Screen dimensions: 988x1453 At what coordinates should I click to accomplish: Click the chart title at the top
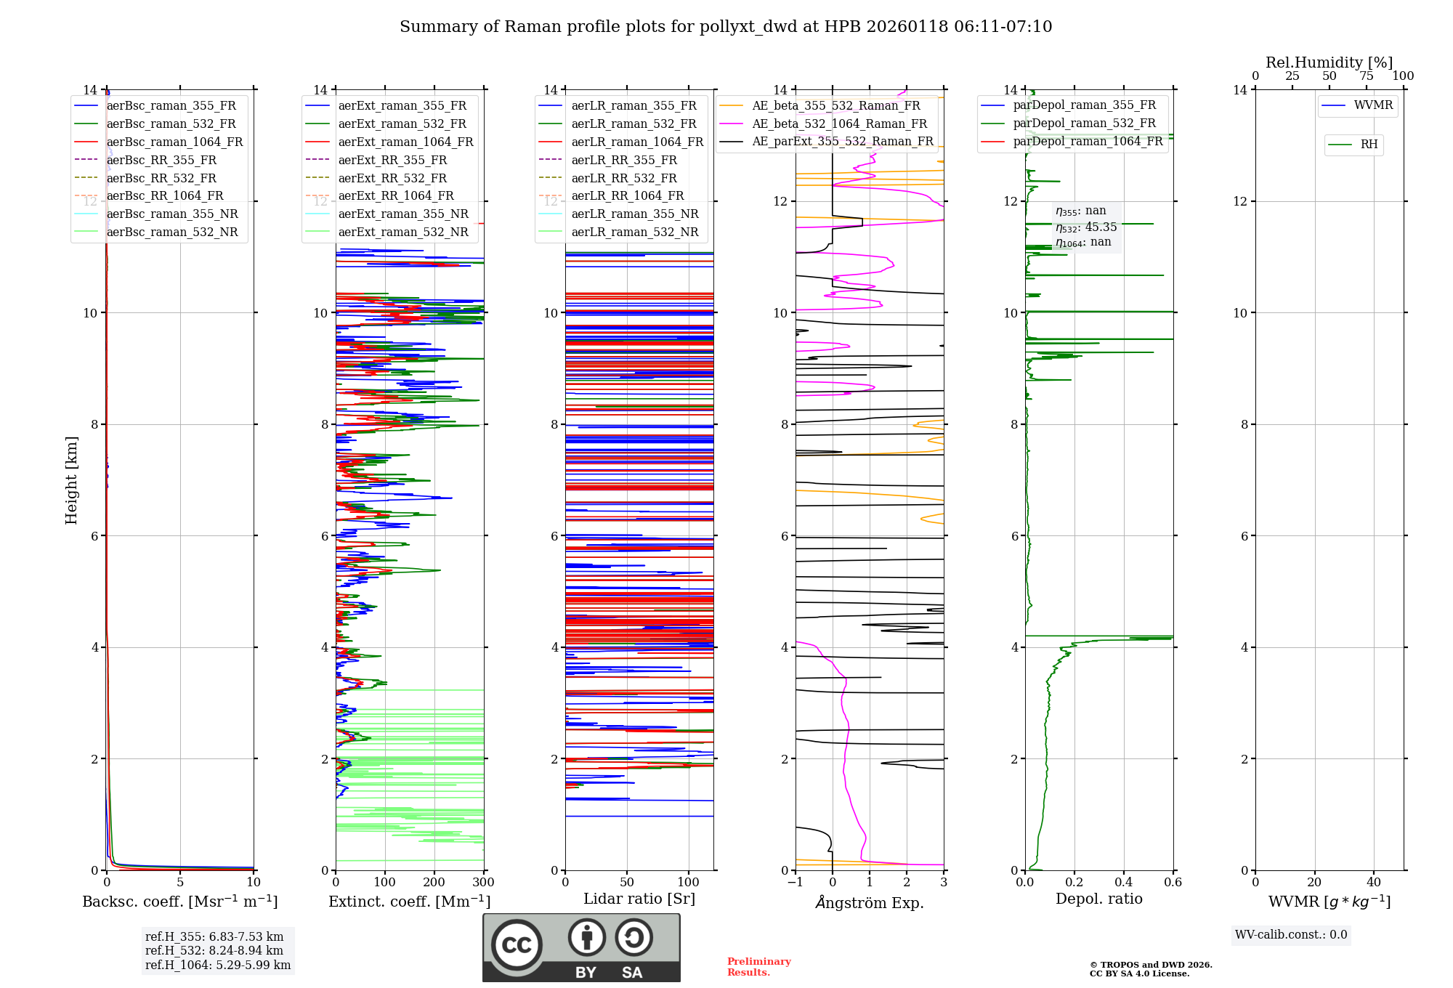[726, 27]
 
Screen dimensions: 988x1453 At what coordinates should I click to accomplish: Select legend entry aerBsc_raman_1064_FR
[174, 142]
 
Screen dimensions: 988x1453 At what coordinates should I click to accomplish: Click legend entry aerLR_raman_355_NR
[634, 214]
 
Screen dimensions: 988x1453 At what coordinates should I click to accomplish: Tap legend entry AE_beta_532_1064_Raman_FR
[839, 123]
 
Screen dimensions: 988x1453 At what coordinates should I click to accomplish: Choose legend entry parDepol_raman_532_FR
[1084, 123]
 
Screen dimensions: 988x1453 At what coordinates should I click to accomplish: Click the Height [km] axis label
[71, 479]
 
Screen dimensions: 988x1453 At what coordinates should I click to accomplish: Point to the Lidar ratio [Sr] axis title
[639, 899]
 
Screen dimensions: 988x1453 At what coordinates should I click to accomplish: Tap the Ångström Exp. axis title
[870, 902]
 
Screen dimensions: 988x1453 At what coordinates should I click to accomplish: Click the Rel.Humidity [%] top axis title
[1329, 62]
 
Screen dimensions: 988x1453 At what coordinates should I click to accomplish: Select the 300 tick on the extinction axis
[483, 883]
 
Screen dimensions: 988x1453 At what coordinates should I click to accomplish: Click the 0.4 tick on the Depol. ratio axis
[1123, 883]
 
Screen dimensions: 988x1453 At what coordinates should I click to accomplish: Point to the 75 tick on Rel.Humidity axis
[1366, 76]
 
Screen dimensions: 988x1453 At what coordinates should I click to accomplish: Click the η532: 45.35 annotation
[1086, 227]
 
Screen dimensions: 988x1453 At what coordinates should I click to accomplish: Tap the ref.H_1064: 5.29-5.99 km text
[218, 965]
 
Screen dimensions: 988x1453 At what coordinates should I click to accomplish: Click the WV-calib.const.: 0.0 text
[1291, 935]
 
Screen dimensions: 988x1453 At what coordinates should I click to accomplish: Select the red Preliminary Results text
[758, 966]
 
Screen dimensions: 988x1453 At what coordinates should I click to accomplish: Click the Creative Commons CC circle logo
[517, 945]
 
